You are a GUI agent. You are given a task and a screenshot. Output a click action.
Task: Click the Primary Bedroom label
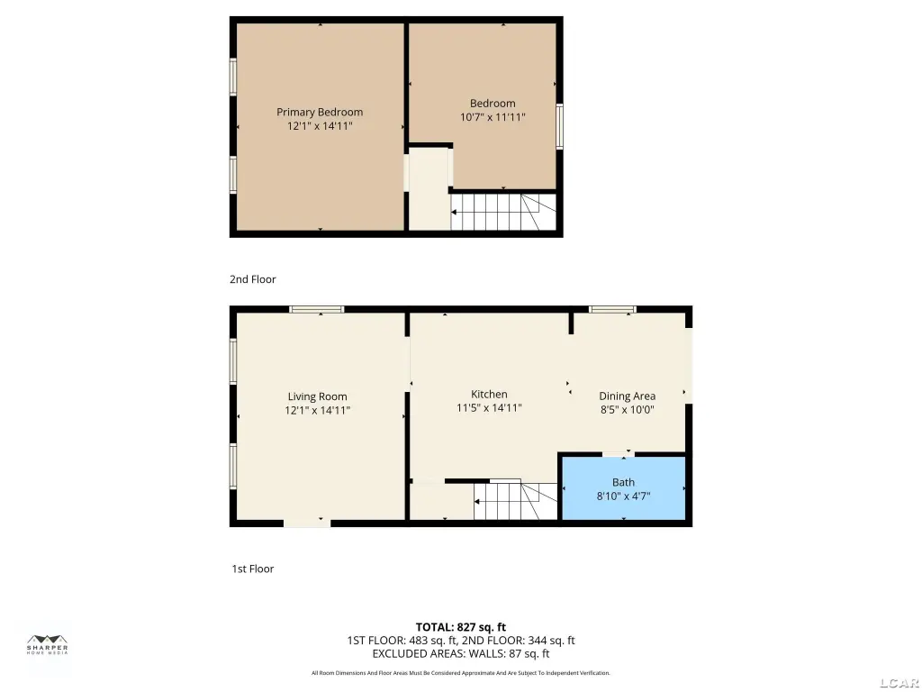(320, 112)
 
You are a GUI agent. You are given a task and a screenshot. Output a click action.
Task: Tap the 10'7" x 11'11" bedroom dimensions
(493, 117)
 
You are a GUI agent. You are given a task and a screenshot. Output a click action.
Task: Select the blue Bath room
(624, 488)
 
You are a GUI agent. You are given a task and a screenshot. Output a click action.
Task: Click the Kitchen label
(489, 395)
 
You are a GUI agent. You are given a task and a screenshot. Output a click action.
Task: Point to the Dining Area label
(627, 396)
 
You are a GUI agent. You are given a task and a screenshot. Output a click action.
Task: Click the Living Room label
(318, 396)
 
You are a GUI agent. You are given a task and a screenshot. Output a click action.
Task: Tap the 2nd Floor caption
(253, 279)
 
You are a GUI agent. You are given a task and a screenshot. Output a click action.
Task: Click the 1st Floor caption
(253, 569)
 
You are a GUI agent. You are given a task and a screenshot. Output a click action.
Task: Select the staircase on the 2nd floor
(503, 212)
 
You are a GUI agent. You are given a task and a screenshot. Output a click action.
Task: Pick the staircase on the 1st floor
(516, 501)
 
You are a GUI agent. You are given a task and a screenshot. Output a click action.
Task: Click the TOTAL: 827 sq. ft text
(461, 627)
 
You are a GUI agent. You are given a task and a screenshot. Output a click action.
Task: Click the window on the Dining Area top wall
(612, 310)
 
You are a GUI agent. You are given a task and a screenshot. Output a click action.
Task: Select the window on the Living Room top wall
(316, 310)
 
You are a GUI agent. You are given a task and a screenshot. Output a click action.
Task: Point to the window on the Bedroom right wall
(560, 126)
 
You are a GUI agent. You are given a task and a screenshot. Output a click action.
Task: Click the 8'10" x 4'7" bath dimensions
(623, 496)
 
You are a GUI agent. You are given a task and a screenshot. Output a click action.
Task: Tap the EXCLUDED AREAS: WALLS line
(461, 653)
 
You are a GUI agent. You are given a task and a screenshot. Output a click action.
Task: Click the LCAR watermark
(900, 683)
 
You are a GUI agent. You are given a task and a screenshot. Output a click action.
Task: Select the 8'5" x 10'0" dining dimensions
(627, 410)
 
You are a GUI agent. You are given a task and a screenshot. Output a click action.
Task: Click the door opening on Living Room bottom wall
(307, 524)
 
